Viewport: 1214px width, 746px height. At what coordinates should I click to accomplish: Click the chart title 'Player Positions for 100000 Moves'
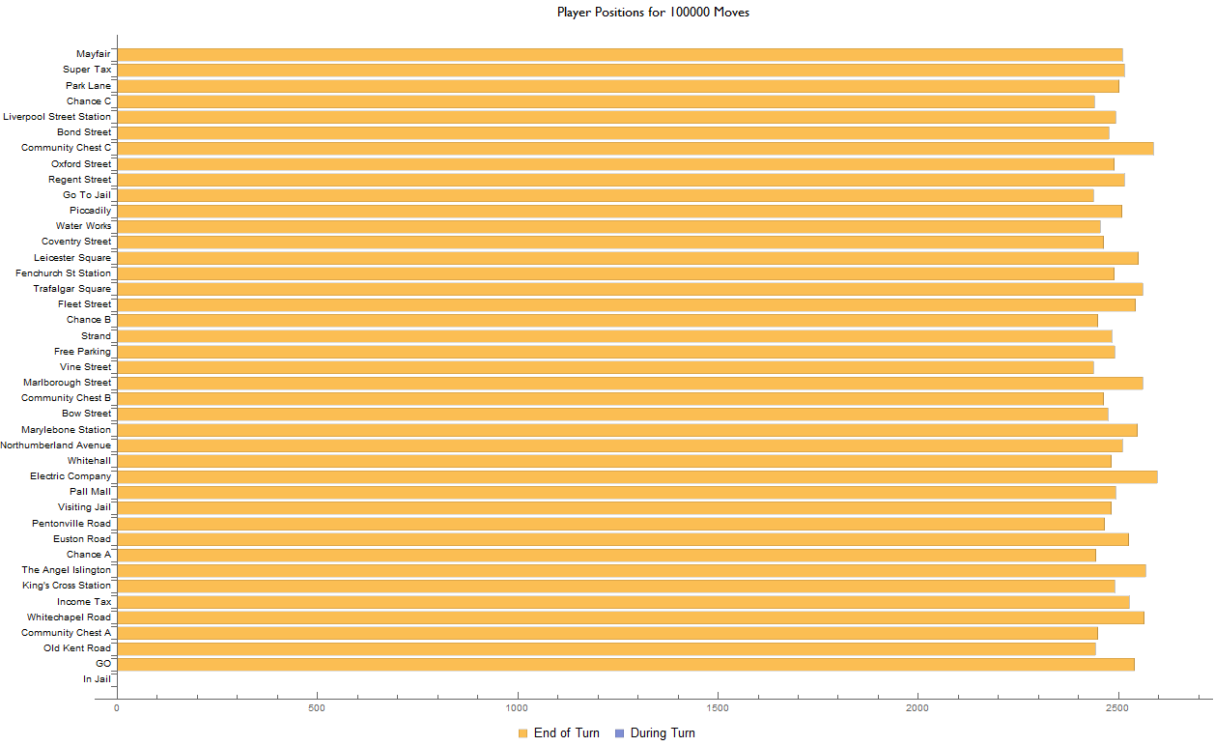(x=653, y=13)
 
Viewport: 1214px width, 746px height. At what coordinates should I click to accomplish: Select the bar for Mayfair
(x=618, y=54)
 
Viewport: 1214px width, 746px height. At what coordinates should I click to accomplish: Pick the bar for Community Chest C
(x=634, y=148)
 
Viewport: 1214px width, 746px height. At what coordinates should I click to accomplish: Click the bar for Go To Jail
(x=605, y=195)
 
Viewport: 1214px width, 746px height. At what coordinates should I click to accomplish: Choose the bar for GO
(x=624, y=664)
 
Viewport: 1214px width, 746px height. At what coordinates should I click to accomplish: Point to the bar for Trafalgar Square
(x=629, y=289)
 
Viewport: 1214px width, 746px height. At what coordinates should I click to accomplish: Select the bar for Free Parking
(x=615, y=352)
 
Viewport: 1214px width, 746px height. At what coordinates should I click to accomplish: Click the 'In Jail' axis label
(x=97, y=679)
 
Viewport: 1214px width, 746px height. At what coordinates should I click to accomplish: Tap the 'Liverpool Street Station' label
(x=57, y=117)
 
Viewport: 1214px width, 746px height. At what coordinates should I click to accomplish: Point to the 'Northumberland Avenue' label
(x=56, y=445)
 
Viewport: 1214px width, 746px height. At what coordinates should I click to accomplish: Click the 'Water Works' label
(x=83, y=226)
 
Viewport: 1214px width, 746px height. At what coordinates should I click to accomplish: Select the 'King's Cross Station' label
(x=67, y=586)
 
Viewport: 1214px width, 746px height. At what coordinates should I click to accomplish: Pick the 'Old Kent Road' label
(x=77, y=648)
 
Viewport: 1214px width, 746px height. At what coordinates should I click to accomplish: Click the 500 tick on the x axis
(x=317, y=708)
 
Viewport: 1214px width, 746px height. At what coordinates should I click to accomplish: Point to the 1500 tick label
(x=718, y=708)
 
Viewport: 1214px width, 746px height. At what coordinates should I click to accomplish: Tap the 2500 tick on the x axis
(x=1118, y=708)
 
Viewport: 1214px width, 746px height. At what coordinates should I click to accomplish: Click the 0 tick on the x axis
(x=117, y=708)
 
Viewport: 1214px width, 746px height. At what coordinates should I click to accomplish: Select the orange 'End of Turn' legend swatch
(x=522, y=733)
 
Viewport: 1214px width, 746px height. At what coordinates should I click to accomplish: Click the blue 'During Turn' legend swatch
(x=619, y=733)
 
